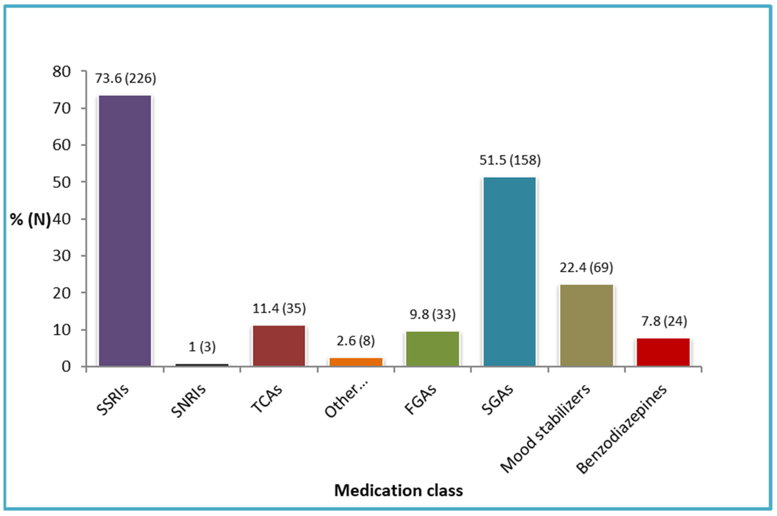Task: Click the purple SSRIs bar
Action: pos(125,230)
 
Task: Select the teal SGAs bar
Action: pos(510,271)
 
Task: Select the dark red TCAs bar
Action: pos(279,346)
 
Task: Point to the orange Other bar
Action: pos(356,362)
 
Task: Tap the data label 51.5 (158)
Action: pos(510,160)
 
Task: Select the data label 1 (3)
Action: pos(202,347)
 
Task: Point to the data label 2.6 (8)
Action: pos(356,341)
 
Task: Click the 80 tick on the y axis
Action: pos(62,72)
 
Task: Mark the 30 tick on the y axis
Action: pos(62,256)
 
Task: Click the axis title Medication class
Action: pos(398,490)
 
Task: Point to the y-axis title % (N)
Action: pos(30,220)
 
